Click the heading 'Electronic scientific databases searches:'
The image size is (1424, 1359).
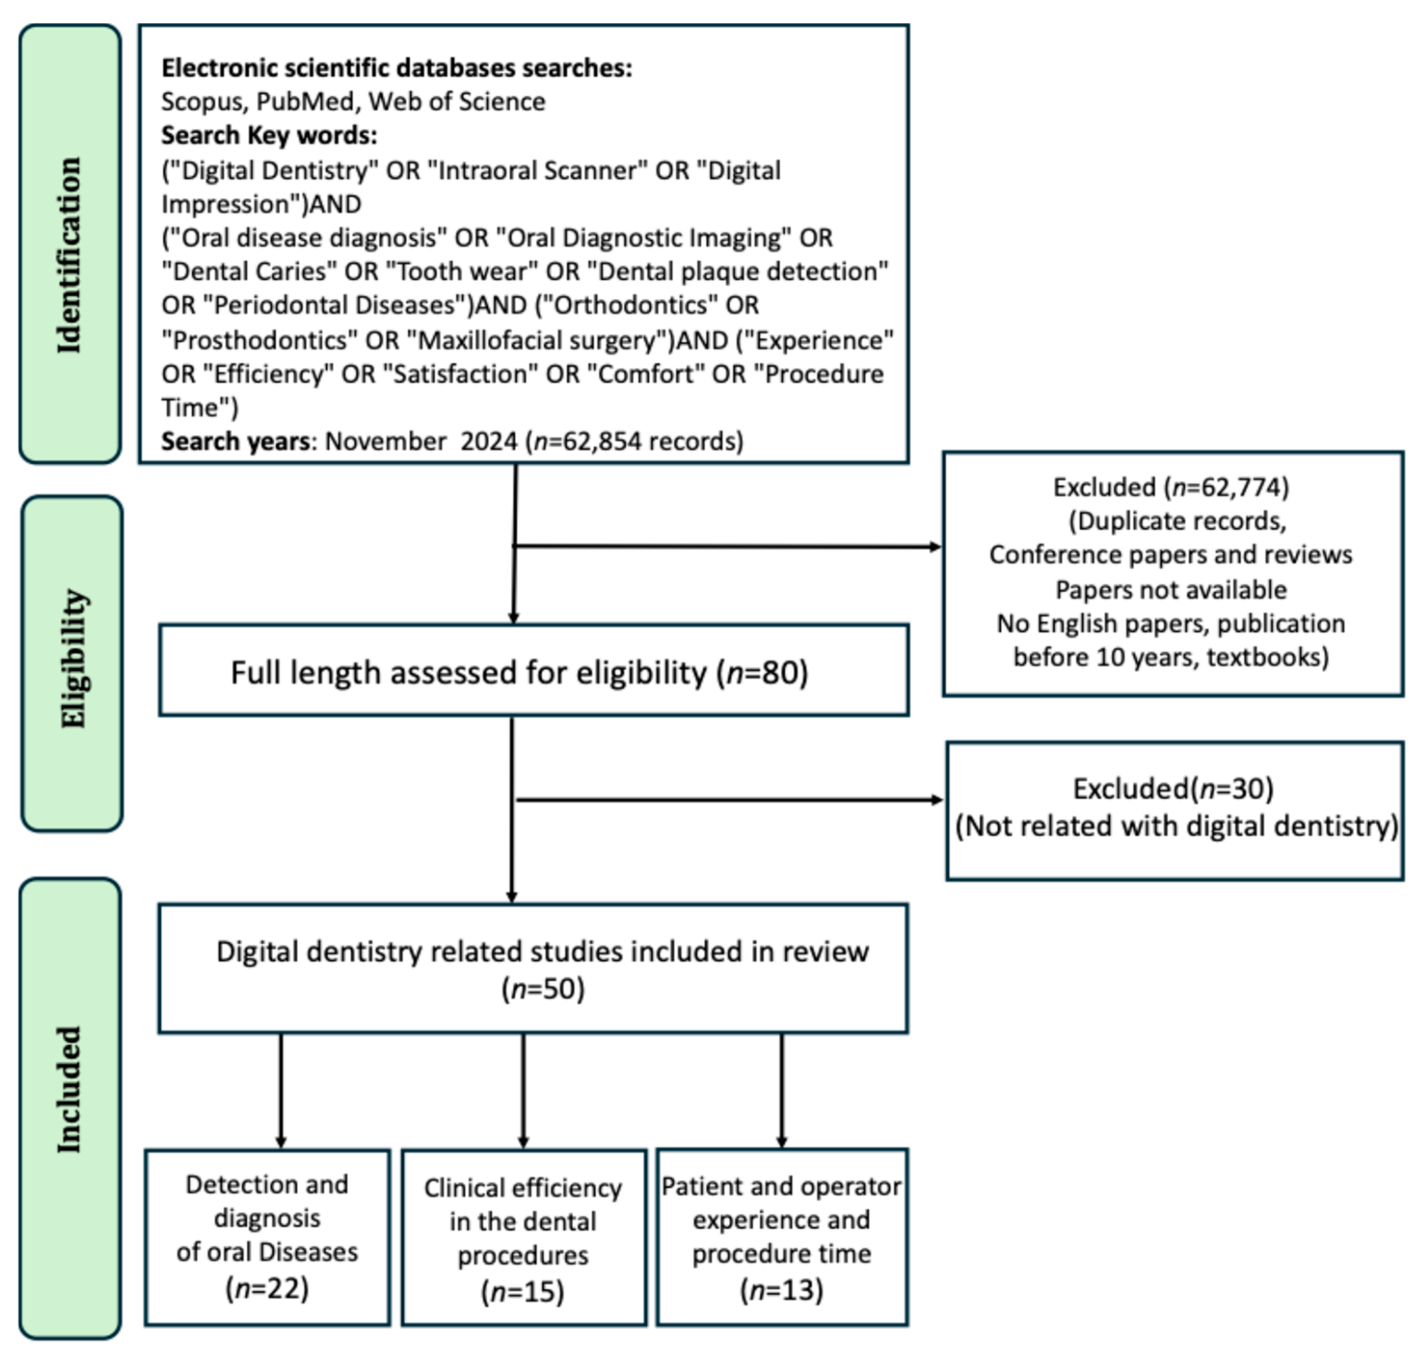tap(396, 68)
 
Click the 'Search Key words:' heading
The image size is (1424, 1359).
tap(269, 135)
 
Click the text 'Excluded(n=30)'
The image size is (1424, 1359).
tap(1173, 788)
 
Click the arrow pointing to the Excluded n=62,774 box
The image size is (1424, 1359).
tap(724, 546)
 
